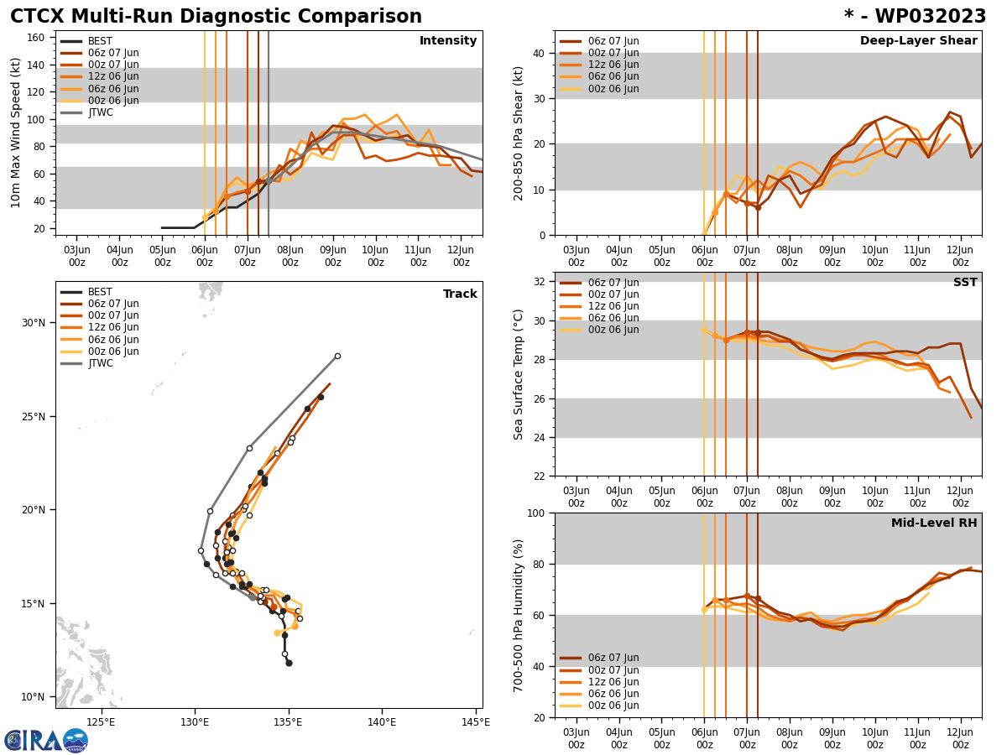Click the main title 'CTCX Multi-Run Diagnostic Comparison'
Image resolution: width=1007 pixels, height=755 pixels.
[x=216, y=17]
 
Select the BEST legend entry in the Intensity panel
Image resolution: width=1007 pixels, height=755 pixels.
[x=99, y=41]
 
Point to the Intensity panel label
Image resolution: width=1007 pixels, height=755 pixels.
[x=447, y=41]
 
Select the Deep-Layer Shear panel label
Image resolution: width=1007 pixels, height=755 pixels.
[x=918, y=41]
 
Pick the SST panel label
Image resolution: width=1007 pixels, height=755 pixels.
[x=964, y=283]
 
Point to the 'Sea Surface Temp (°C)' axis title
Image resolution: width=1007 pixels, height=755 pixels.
[x=519, y=374]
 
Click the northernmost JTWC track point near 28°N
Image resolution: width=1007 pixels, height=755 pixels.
[x=337, y=356]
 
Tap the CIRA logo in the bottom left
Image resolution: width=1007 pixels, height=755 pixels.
[x=46, y=740]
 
